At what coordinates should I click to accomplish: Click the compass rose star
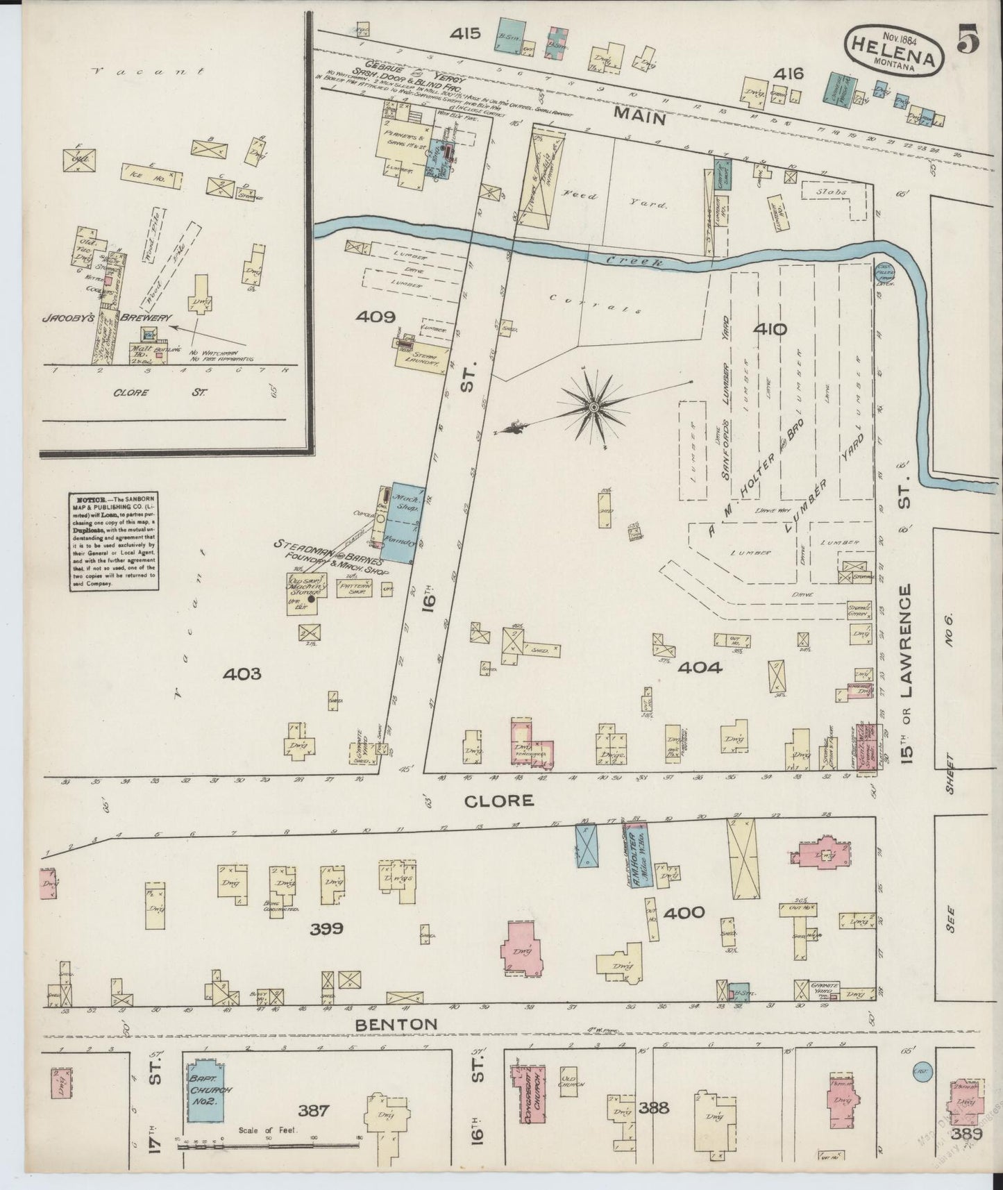[594, 406]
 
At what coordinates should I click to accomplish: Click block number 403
[243, 673]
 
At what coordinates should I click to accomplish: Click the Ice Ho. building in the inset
[154, 176]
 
